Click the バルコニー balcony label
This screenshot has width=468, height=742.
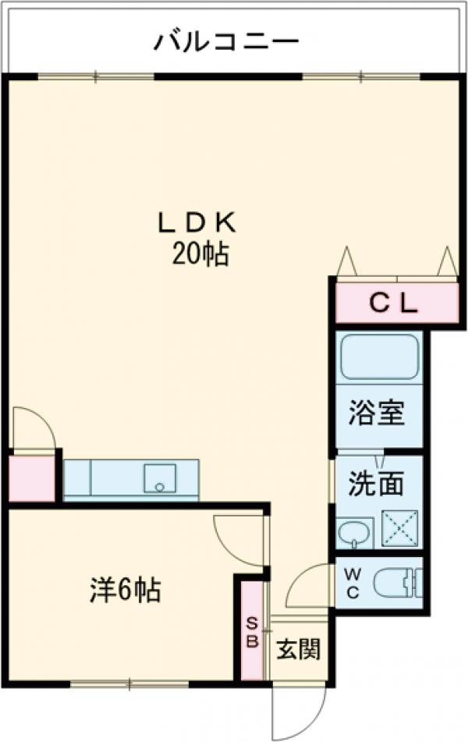click(x=225, y=40)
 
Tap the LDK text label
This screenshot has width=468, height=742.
click(x=198, y=223)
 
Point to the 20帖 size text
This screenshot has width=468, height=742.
click(x=200, y=254)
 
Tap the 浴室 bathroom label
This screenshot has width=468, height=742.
click(x=376, y=414)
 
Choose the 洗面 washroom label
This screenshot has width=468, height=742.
click(x=376, y=485)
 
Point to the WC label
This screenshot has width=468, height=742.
click(x=353, y=582)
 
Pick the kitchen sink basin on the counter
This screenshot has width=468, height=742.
click(x=161, y=477)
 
